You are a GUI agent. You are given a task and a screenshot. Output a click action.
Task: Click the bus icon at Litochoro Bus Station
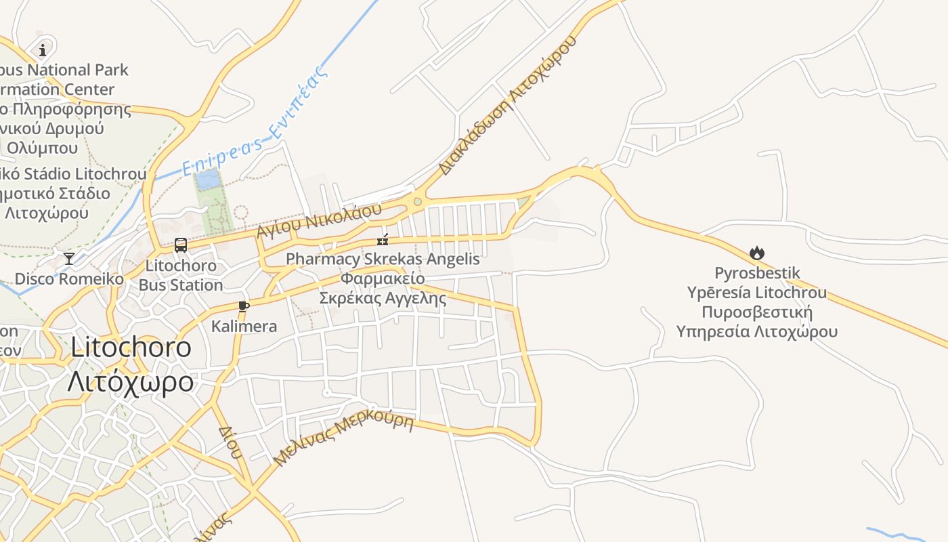tap(181, 245)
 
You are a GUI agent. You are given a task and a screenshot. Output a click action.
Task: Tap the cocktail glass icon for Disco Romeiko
tap(69, 258)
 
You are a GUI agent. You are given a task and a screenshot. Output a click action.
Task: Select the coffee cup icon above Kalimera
tap(244, 306)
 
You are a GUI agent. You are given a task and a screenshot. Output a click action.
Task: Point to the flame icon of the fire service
tap(756, 253)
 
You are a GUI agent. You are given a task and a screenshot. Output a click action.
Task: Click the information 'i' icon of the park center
tap(43, 49)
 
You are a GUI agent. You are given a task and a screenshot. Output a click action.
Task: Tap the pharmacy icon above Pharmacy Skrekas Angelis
tap(383, 240)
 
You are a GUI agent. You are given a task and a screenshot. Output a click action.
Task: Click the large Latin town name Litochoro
tap(131, 348)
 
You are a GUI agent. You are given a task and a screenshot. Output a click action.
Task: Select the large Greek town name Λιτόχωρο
tap(130, 382)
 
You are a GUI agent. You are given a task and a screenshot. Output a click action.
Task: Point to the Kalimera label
tap(244, 327)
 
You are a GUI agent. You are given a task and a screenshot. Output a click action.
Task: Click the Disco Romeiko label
tap(69, 279)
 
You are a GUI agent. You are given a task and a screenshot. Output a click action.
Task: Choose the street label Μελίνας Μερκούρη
tap(343, 438)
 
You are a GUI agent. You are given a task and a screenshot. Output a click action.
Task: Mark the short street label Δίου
tap(230, 442)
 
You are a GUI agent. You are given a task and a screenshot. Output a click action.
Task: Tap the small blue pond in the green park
tap(207, 180)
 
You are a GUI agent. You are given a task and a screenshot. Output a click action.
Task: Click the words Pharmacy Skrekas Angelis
tap(383, 259)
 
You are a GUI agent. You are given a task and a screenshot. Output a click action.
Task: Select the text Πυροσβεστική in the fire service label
tap(756, 312)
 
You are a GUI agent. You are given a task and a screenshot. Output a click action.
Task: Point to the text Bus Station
tap(181, 285)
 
